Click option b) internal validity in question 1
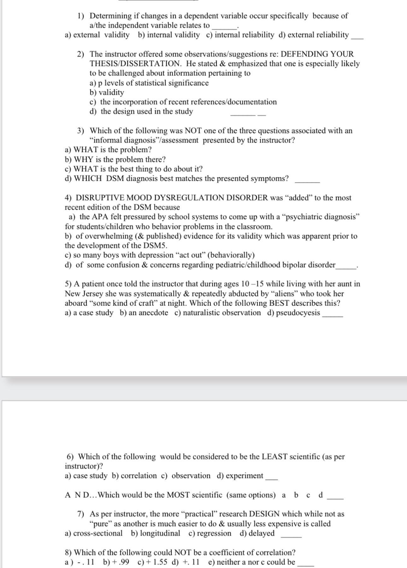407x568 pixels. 169,35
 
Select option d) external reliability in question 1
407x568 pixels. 314,35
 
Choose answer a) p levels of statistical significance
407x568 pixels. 149,83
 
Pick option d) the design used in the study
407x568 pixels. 141,111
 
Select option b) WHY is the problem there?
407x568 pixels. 115,159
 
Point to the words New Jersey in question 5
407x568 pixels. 84,294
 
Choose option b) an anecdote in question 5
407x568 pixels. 144,313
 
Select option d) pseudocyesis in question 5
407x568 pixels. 293,313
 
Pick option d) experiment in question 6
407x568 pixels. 240,476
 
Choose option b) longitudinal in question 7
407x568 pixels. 156,533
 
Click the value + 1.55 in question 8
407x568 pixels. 153,562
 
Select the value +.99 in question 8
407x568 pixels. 116,562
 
